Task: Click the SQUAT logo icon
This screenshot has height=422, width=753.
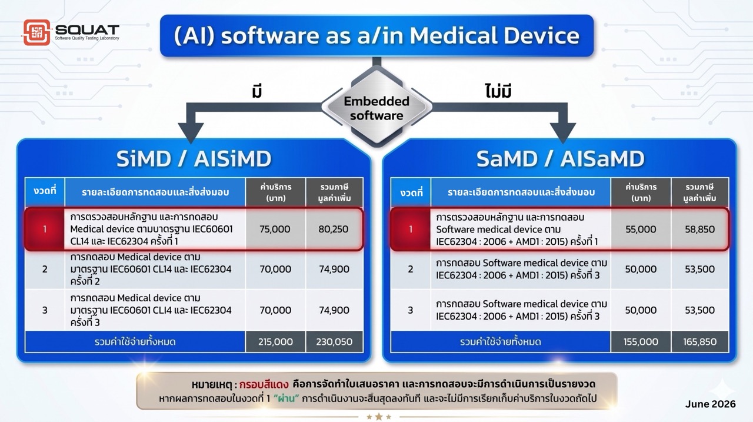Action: coord(36,32)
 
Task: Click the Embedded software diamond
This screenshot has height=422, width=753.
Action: coord(376,107)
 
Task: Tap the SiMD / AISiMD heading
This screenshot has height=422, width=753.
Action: coord(194,159)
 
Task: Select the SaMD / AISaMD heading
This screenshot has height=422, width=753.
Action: coord(561,159)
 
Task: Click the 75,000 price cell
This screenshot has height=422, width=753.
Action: coord(275,229)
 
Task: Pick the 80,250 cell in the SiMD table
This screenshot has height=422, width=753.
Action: coord(334,229)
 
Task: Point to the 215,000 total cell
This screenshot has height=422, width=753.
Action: coord(275,341)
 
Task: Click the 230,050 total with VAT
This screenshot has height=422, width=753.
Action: coord(334,341)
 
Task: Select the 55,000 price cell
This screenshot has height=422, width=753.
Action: coord(641,230)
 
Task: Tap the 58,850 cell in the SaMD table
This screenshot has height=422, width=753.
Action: coord(700,230)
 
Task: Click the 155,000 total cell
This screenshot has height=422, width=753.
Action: coord(641,341)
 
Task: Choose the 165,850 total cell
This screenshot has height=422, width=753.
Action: coord(700,341)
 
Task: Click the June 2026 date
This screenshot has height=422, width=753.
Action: coord(710,404)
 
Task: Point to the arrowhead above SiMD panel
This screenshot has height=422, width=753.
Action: coord(191,133)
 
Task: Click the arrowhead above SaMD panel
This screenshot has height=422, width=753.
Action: coord(563,133)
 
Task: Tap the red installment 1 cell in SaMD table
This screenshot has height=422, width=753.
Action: coord(411,230)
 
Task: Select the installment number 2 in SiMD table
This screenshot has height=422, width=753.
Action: coord(45,269)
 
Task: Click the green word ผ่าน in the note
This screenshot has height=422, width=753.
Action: coord(286,398)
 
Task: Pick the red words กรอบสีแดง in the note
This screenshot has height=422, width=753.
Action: coord(264,384)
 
